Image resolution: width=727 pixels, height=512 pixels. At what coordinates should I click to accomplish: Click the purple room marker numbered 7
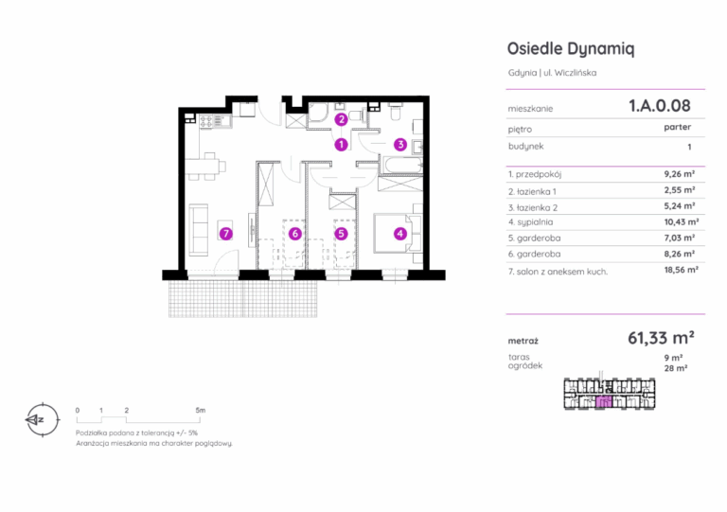(226, 234)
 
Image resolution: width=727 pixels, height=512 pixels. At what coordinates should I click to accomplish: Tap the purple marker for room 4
(400, 234)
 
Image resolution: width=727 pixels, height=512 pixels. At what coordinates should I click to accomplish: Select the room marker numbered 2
(341, 119)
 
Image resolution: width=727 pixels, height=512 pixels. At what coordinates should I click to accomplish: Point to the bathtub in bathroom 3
(400, 166)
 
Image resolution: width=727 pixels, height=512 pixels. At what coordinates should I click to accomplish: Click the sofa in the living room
(199, 229)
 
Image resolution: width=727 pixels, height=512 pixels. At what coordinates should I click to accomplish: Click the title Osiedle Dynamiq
(571, 48)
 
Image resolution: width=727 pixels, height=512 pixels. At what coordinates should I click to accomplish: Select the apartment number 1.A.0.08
(659, 106)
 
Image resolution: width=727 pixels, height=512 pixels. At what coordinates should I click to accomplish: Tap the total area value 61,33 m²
(661, 338)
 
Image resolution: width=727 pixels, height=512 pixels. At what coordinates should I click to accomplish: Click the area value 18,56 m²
(682, 270)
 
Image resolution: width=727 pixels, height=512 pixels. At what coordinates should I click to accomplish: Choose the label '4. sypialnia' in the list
(530, 222)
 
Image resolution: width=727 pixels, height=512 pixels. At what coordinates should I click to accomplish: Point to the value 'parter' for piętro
(678, 127)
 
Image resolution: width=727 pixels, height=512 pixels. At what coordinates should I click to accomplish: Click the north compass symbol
(43, 420)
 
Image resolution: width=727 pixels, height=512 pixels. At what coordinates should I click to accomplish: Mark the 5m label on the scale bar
(201, 410)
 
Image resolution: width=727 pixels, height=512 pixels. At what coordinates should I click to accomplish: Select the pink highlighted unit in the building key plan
(604, 401)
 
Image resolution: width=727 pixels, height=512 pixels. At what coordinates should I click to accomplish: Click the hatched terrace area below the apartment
(242, 299)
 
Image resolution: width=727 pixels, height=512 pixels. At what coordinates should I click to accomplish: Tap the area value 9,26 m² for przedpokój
(680, 174)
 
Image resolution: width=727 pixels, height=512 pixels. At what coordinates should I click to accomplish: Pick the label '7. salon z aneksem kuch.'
(558, 272)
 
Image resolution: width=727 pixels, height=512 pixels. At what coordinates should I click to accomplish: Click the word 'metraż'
(523, 341)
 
